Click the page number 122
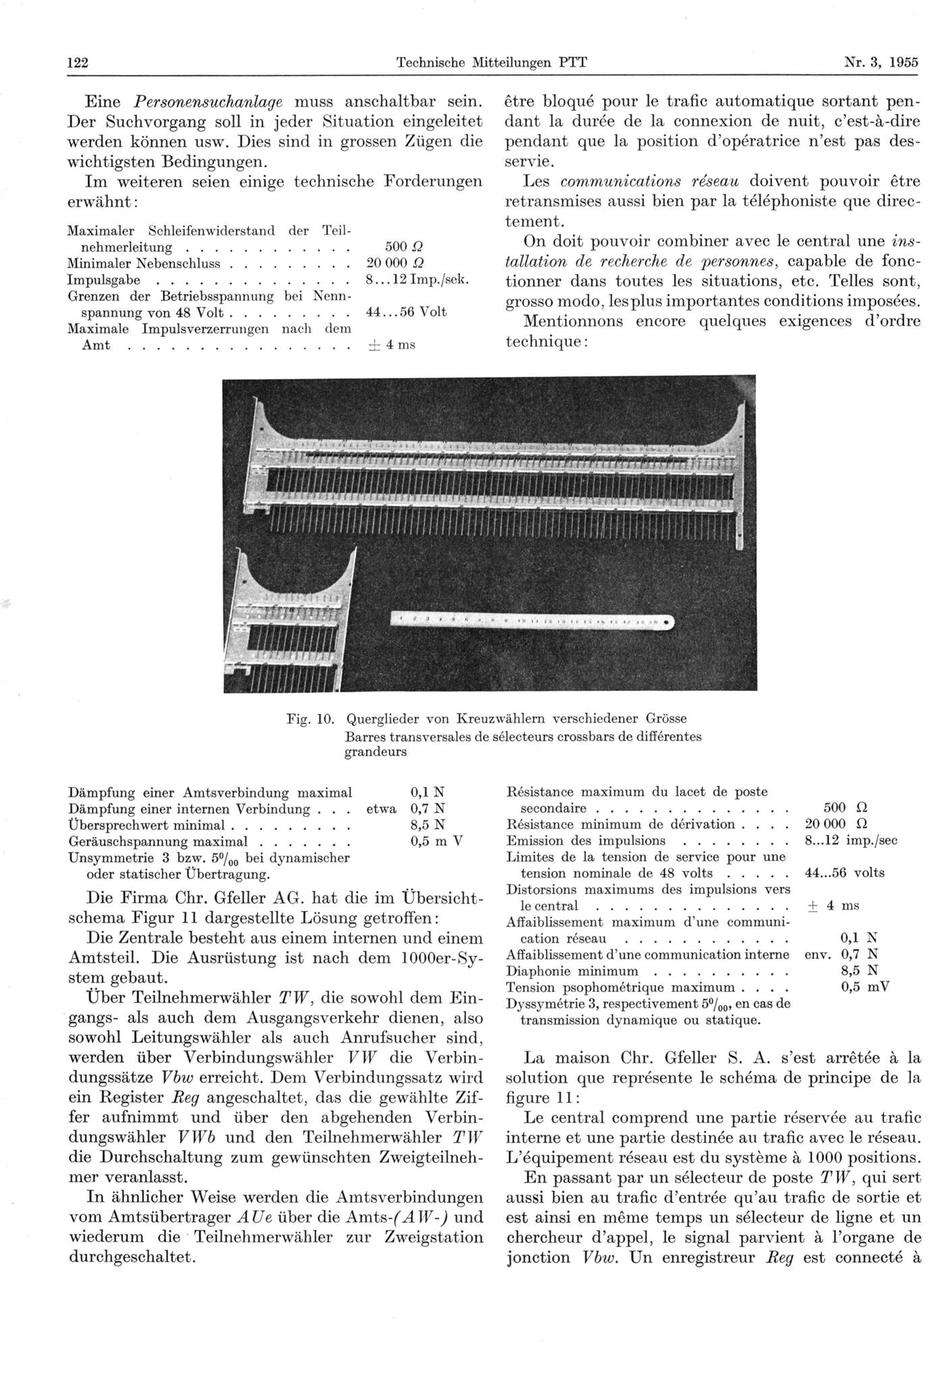[x=79, y=63]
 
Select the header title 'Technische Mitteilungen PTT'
[x=491, y=63]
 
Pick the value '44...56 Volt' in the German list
[x=406, y=312]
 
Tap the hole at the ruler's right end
[x=668, y=621]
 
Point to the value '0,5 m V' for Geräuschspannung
[x=438, y=841]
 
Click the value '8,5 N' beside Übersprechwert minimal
[x=428, y=825]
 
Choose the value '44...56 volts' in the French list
[x=844, y=872]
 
